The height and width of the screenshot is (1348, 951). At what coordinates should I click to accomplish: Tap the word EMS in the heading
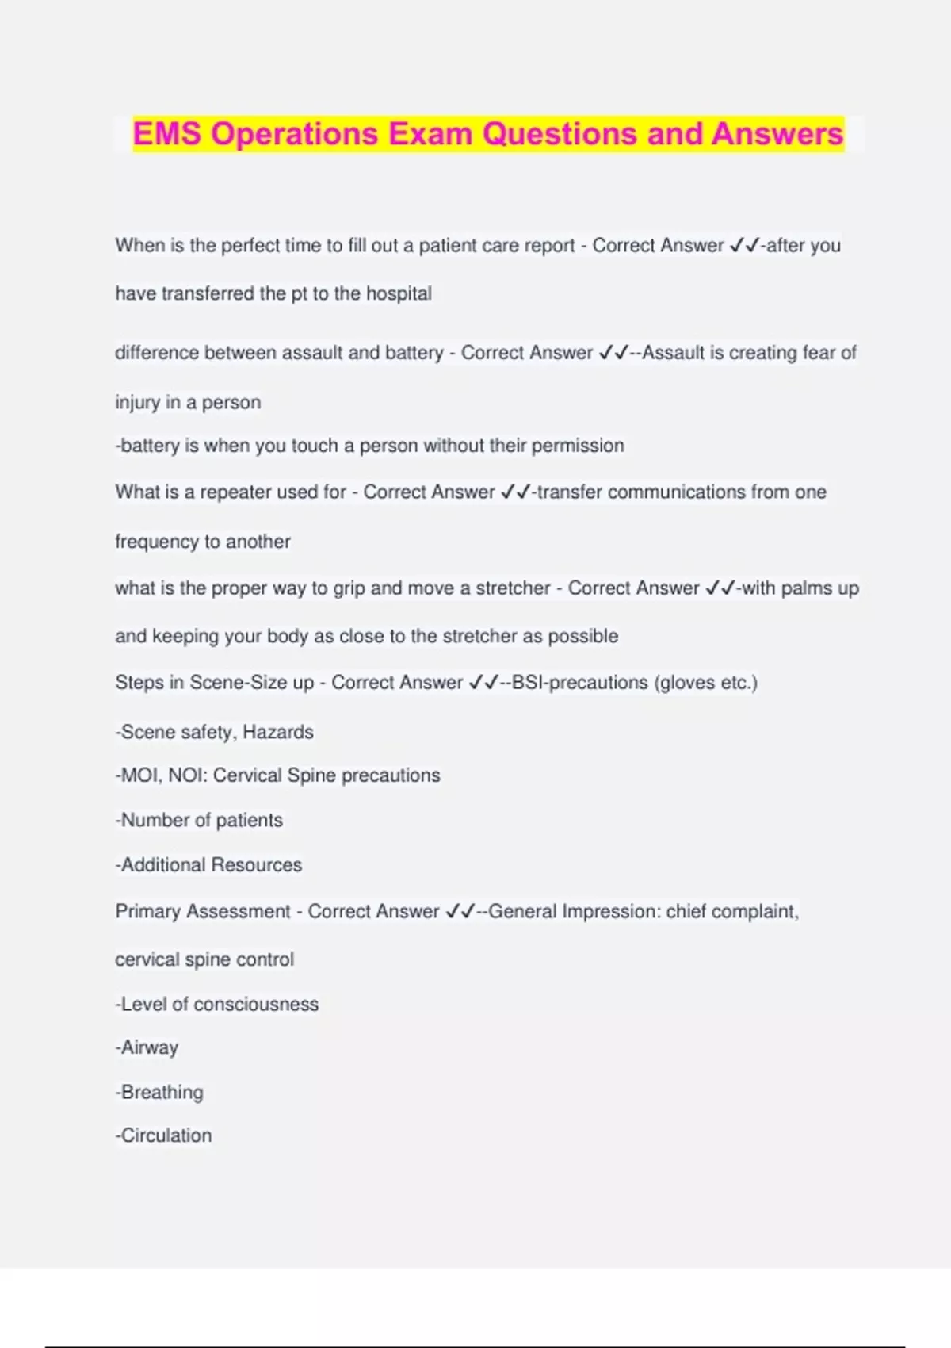167,133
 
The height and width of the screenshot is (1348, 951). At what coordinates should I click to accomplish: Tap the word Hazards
277,732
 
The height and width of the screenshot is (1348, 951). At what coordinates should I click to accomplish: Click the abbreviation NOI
186,775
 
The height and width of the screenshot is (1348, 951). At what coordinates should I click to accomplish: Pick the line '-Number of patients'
199,820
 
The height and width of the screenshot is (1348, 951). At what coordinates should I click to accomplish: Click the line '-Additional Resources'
208,865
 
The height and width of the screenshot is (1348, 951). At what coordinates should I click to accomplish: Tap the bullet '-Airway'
147,1048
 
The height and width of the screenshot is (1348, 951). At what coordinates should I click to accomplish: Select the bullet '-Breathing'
159,1093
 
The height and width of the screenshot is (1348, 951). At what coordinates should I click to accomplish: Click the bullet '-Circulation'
163,1135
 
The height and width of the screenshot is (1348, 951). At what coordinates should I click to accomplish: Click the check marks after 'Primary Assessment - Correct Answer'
460,912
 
